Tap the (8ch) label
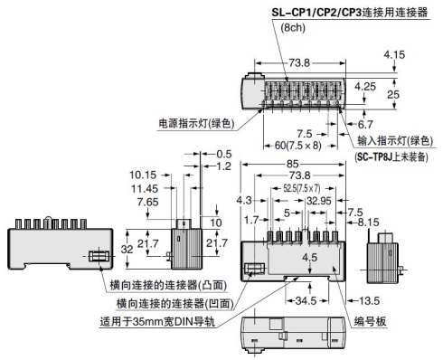(293, 29)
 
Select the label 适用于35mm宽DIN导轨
(168, 320)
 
